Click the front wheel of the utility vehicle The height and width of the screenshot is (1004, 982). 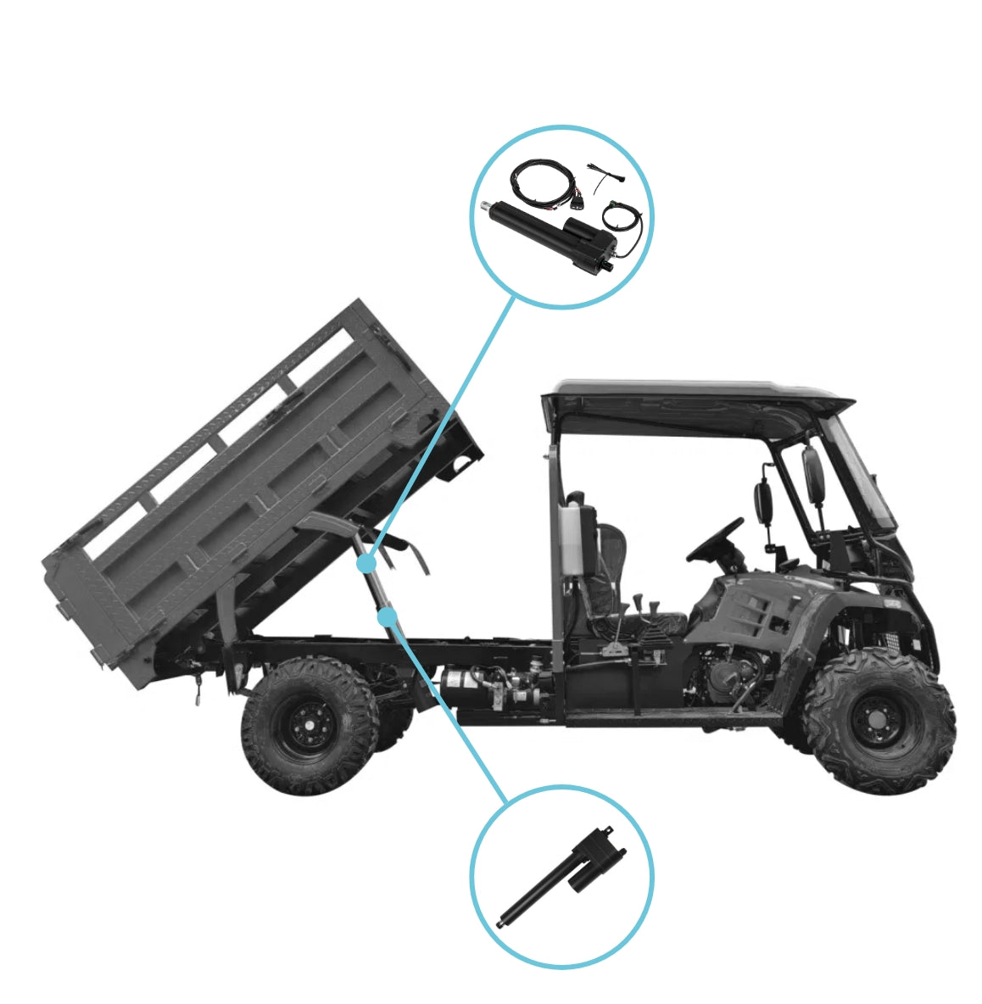(x=879, y=721)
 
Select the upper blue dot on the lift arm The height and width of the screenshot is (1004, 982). (x=365, y=562)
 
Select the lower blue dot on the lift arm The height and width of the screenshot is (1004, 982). (x=388, y=616)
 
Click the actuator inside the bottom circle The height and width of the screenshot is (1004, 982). (x=560, y=878)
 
